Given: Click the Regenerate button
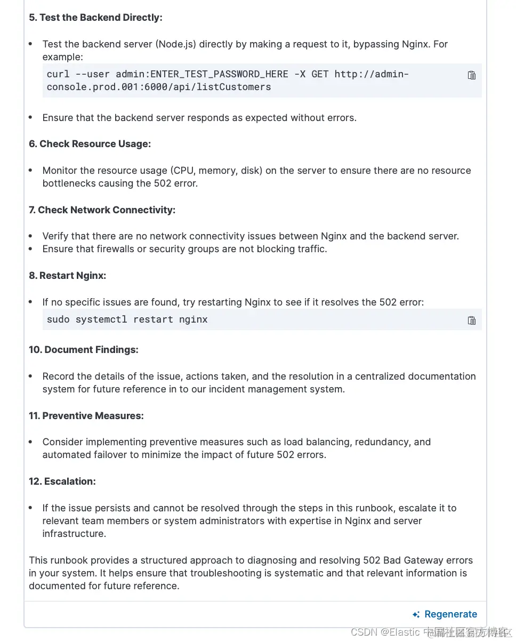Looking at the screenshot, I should pos(445,614).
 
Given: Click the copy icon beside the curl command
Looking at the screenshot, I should pos(471,75).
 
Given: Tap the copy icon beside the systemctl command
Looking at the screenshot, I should pos(471,320).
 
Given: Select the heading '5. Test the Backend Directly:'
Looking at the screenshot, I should pos(95,18).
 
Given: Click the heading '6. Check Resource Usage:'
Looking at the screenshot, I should pos(90,144).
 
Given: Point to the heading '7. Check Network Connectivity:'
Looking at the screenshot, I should pos(102,210).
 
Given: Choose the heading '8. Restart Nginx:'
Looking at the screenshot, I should pos(67,276).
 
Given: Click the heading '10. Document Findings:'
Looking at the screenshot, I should pos(83,350).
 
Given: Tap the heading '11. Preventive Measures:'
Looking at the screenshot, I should pos(86,416).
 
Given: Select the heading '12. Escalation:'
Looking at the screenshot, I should pos(62,481).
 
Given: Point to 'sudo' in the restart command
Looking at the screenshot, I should pos(58,319).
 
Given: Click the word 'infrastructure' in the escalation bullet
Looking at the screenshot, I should pos(74,534).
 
